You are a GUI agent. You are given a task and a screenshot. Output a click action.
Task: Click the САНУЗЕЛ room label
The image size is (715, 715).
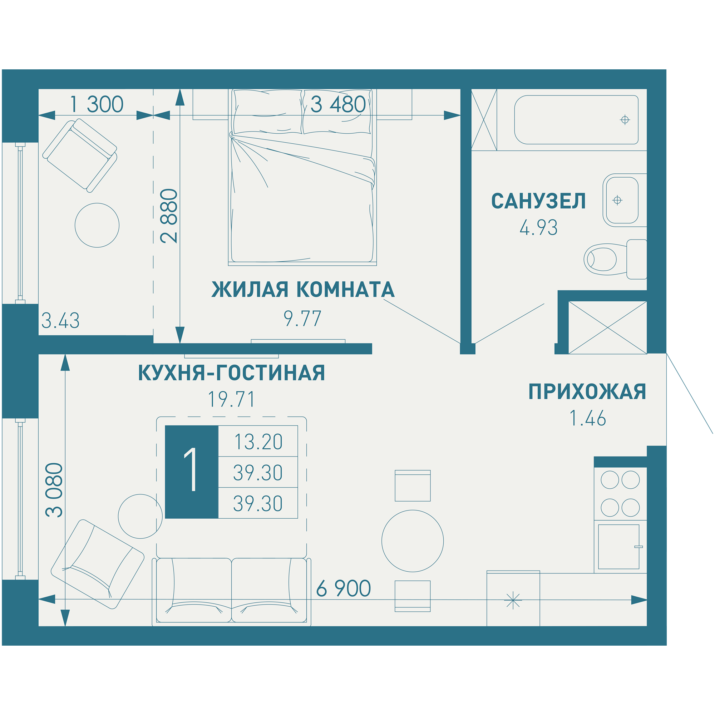[x=538, y=201]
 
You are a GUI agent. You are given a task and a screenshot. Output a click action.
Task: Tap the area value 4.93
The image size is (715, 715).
[x=538, y=228]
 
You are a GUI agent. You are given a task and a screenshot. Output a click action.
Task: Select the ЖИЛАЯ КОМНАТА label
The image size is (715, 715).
[x=303, y=290]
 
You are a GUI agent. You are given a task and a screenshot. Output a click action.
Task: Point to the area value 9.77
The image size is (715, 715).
[x=302, y=319]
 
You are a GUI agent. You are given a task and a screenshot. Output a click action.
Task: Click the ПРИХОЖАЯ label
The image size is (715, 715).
[x=587, y=392]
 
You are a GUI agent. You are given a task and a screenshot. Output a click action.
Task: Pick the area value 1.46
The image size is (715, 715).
[x=587, y=419]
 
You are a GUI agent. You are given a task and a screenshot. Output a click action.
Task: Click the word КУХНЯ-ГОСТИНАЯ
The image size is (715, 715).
[x=231, y=373]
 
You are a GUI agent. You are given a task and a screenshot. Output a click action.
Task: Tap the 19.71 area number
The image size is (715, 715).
[x=231, y=400]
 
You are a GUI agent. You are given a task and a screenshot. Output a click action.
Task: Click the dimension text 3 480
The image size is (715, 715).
[x=338, y=104]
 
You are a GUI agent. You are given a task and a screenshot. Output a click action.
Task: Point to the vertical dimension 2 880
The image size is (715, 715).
[x=169, y=216]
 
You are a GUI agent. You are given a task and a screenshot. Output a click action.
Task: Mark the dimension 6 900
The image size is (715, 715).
[x=343, y=588]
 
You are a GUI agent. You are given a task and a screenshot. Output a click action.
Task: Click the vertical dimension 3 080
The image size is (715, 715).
[x=54, y=490]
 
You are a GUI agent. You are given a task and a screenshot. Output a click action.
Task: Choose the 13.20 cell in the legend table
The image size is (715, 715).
[x=258, y=442]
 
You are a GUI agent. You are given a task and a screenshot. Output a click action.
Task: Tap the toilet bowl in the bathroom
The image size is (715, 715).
[x=601, y=260]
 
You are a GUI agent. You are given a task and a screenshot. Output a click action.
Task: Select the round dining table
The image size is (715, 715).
[x=412, y=541]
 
